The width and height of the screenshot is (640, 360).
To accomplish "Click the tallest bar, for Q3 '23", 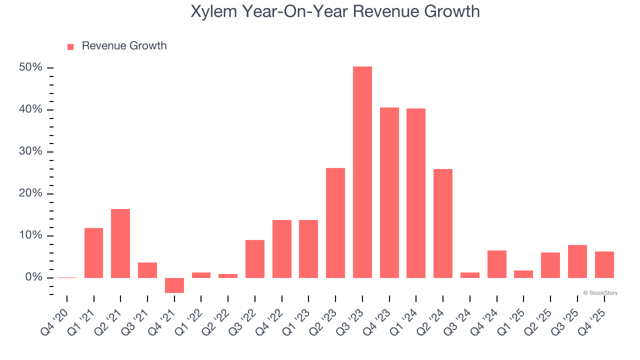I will pos(362,172).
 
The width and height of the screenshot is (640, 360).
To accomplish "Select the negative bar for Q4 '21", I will pos(174,285).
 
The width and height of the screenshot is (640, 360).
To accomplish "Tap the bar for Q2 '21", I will pos(120,243).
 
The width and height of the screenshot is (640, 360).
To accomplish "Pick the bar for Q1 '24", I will pos(416,193).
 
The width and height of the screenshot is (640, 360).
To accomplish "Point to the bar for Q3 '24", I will pos(470,275).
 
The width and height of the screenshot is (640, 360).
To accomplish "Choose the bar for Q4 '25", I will pos(604,264).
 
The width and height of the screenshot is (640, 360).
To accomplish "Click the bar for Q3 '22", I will pos(255,258).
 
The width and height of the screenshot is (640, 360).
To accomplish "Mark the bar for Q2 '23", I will pos(335,222).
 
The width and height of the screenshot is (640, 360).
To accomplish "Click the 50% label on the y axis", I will pos(30,67).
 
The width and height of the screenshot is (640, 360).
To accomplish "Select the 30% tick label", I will pos(30,151).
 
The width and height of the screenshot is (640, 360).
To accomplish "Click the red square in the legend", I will pos(70,46).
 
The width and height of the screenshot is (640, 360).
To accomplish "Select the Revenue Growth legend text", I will pos(124,46).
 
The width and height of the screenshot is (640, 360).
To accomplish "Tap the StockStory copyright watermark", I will pos(600,293).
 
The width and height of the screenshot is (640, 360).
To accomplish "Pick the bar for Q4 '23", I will pos(389,192).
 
